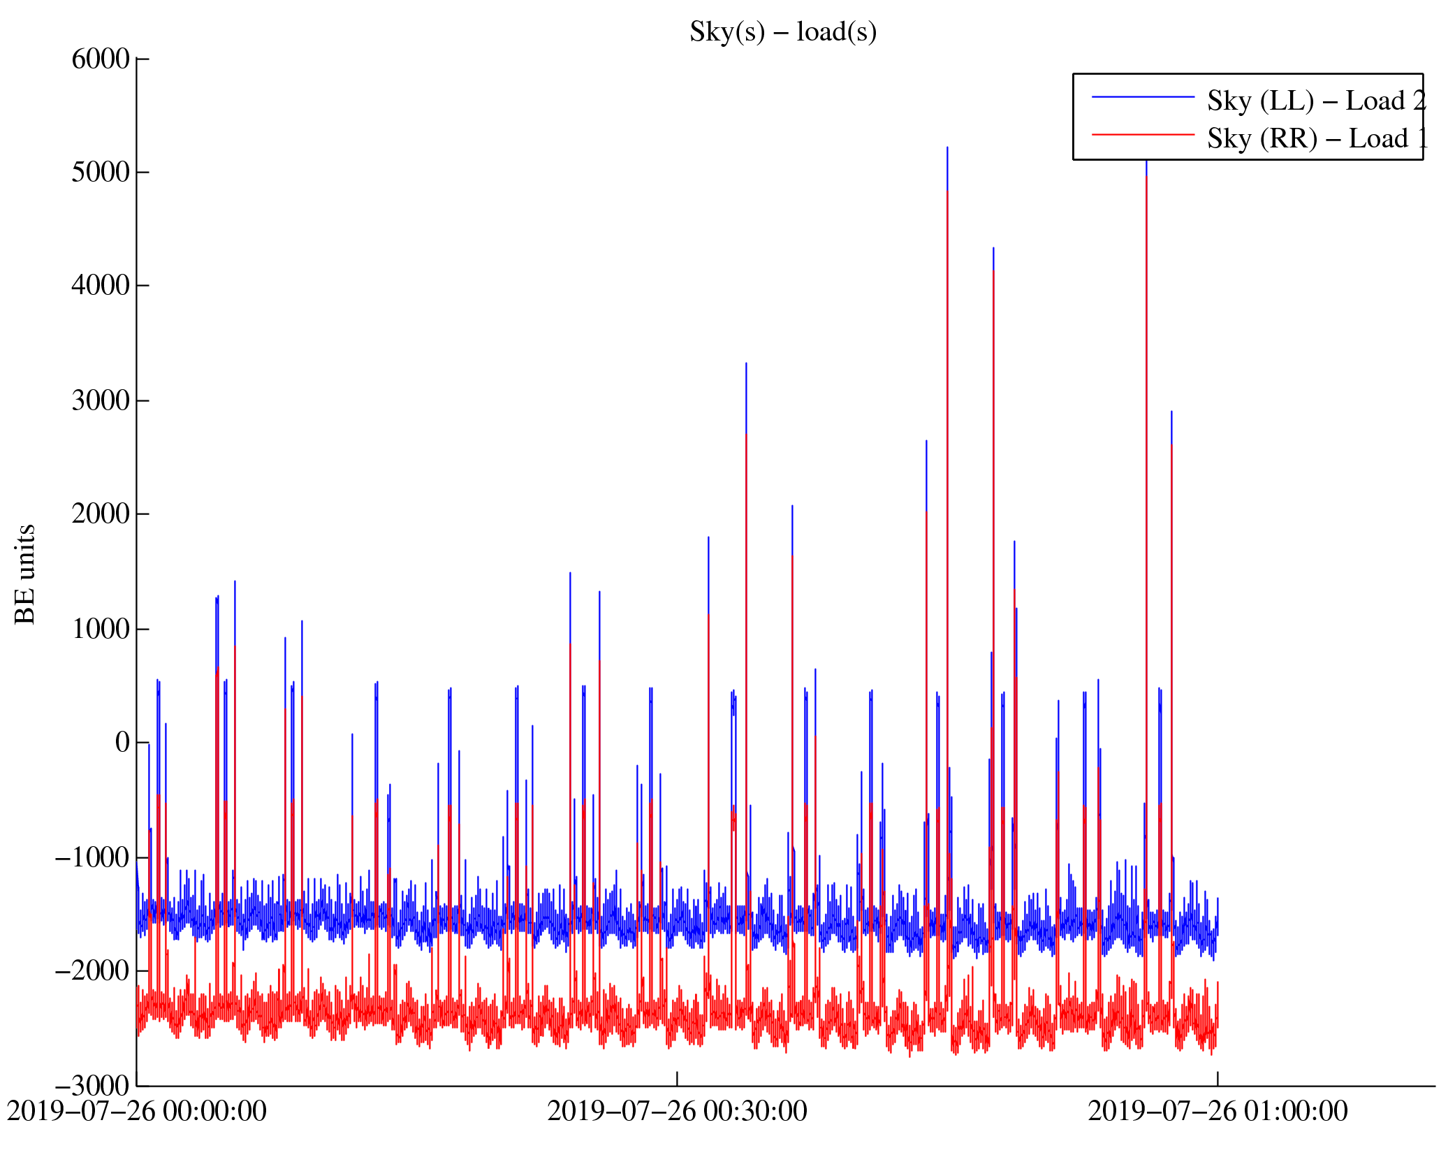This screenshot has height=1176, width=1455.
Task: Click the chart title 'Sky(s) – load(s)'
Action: [782, 32]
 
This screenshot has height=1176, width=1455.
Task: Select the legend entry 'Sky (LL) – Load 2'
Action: [1315, 101]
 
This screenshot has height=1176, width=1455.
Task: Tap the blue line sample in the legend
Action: [1143, 97]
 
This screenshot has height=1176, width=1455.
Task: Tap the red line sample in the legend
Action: [1143, 134]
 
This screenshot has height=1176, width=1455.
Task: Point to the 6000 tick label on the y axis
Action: [101, 59]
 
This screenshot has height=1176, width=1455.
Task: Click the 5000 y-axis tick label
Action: [101, 173]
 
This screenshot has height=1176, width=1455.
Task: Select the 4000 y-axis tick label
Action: [101, 286]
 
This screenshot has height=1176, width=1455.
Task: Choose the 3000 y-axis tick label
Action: [101, 401]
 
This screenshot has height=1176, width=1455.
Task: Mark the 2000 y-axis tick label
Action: [101, 514]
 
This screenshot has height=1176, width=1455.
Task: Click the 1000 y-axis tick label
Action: [101, 629]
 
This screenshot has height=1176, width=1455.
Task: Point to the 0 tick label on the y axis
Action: [122, 742]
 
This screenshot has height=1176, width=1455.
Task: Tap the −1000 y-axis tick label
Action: [93, 857]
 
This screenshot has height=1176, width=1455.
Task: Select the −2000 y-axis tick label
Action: [93, 971]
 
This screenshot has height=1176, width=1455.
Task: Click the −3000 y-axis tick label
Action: [93, 1086]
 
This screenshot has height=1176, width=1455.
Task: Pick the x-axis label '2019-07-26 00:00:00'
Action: [137, 1111]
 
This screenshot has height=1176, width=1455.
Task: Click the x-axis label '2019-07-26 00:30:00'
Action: [677, 1111]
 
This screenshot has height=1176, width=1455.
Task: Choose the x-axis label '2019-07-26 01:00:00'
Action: [1218, 1111]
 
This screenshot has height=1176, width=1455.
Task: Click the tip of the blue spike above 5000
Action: [947, 147]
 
